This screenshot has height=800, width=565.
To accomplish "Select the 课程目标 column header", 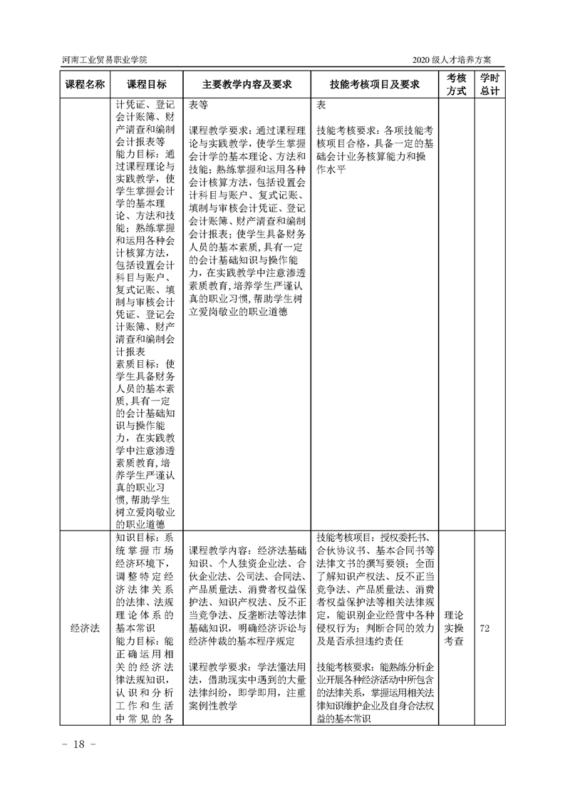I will click(x=147, y=83).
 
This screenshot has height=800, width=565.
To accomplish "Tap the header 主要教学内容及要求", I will click(x=247, y=83).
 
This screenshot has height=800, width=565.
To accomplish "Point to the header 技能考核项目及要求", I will click(x=374, y=83).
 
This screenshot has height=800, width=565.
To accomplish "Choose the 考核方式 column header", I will click(x=456, y=83).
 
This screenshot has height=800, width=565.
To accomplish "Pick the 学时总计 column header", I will click(x=489, y=83).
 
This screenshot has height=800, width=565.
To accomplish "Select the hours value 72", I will click(x=489, y=627).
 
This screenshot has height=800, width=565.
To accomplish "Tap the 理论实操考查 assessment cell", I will click(x=456, y=627).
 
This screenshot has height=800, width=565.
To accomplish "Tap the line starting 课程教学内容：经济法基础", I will click(x=247, y=551).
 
